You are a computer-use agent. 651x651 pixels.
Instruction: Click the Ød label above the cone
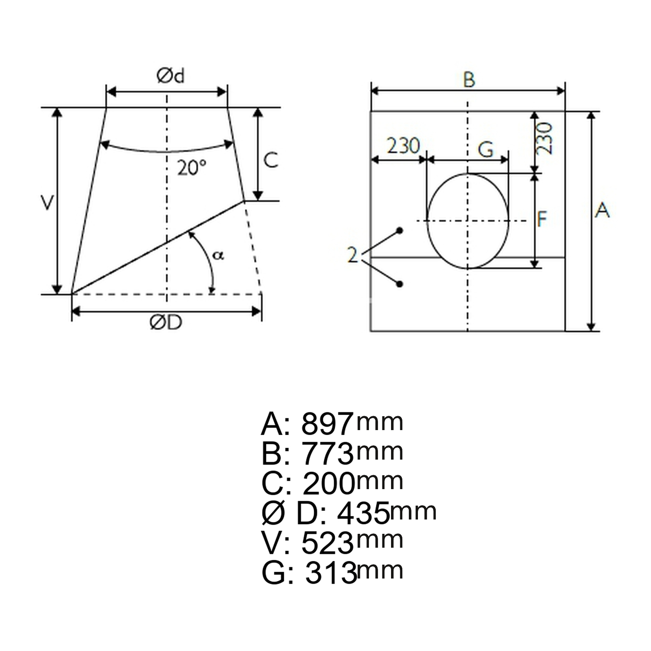point(171,76)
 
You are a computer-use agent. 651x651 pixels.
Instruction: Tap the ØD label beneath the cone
point(166,322)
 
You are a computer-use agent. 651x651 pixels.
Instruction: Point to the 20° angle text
point(191,168)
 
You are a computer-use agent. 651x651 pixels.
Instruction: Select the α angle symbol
point(218,255)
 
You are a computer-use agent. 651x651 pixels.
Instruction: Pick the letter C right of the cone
point(271,160)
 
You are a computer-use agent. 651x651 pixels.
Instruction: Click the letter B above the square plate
point(469,80)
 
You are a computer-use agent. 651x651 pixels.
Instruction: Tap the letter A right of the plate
point(602,210)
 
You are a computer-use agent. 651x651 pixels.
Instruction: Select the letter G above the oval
point(486,149)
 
